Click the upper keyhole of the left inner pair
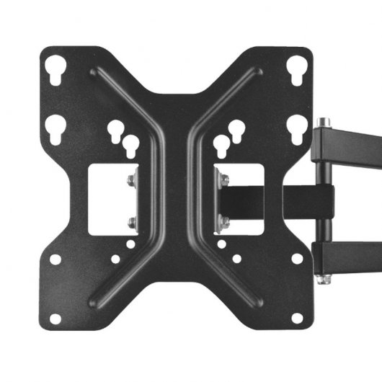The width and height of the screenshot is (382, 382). [115, 130]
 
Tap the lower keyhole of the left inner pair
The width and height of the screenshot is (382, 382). [130, 146]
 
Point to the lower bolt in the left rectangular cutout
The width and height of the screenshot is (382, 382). [130, 221]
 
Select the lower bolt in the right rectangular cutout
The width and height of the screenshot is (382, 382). [223, 223]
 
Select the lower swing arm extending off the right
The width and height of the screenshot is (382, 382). [353, 252]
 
